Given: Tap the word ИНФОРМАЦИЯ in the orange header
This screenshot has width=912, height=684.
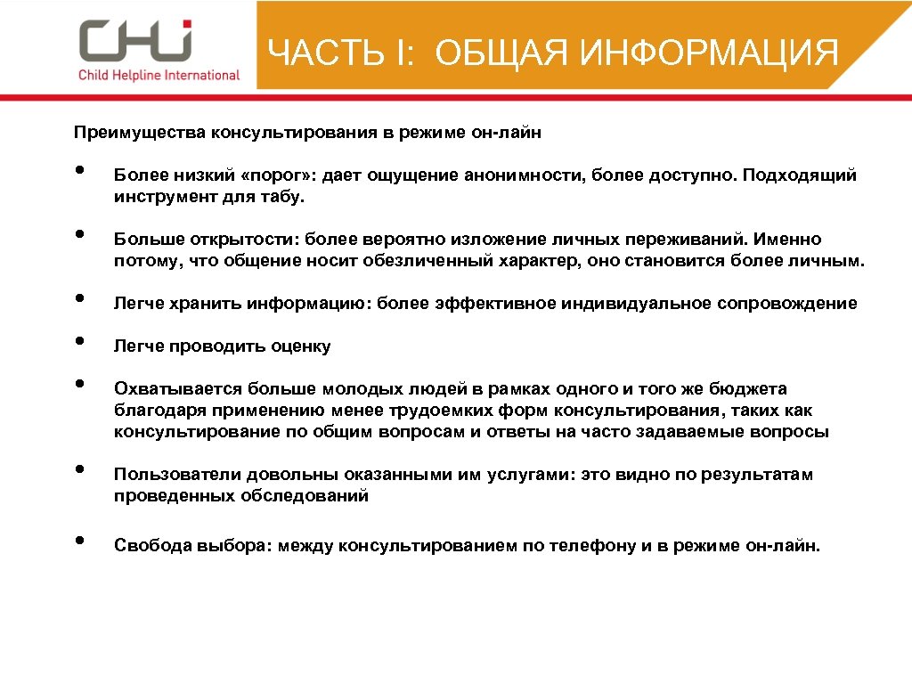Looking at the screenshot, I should pos(708,53).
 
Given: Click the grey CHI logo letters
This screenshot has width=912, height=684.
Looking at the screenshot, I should pos(134,41).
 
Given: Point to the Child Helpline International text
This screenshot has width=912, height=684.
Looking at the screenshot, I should pos(159,75).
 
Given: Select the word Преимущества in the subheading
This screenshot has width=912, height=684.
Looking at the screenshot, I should pos(139,133).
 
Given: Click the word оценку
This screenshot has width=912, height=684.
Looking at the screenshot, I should pos(302,346).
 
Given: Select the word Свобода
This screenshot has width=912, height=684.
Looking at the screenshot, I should pos(147,546).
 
